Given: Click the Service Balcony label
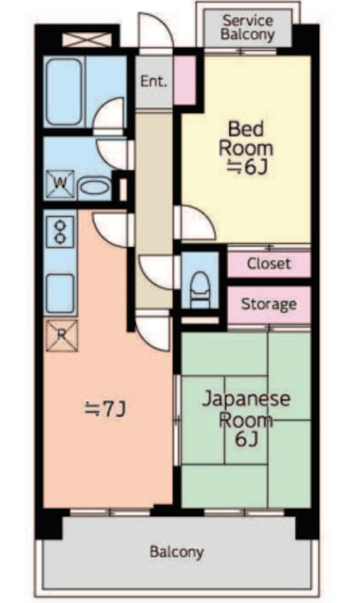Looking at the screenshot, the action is point(248,27).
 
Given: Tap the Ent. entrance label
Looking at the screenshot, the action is point(154,81).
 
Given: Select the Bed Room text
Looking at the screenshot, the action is point(246,139).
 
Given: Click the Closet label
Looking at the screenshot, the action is point(269,264).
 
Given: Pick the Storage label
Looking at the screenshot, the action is point(269,304).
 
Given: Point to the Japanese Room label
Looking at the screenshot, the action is point(246,409).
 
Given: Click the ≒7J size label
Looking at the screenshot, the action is point(106,409).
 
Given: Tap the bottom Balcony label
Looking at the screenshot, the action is point(176,552).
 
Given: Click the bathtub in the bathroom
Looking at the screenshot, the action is point(64,92).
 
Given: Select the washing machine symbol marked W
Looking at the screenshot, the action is point(60,185).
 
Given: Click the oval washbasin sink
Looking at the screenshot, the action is point(94,188).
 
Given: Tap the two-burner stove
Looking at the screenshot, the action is point(60,232).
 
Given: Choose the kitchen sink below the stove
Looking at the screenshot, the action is point(60,293).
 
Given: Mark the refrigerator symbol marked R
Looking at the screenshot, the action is point(61,335).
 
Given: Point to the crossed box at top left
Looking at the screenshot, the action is point(88,40).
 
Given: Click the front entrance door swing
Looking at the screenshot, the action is point(155,31).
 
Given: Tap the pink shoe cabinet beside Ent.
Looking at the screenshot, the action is point(185,80).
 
